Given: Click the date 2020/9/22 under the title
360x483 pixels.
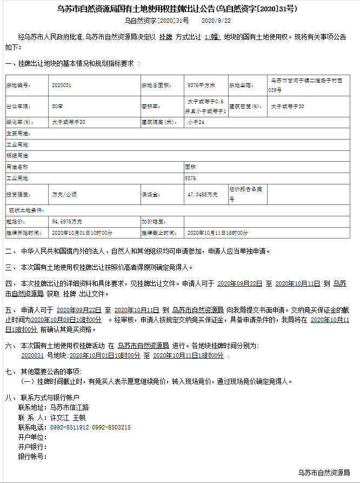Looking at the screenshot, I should pos(216,21).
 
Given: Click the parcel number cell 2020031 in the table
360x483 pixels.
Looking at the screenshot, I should pos(62,85).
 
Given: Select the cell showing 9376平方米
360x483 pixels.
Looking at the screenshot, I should pos(201,85).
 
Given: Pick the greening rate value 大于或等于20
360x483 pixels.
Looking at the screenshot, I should pos(69,122).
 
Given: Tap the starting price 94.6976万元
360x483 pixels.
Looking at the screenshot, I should pos(67,222).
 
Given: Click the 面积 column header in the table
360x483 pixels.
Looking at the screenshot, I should pos(190,167).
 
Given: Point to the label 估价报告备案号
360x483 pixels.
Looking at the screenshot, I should pos(246,194).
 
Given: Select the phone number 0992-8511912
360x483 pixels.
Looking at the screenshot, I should pos(69,427).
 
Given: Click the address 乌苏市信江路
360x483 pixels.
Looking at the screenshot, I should pos(69,407).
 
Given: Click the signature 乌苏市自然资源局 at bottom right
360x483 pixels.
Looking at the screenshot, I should pos(324,473).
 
